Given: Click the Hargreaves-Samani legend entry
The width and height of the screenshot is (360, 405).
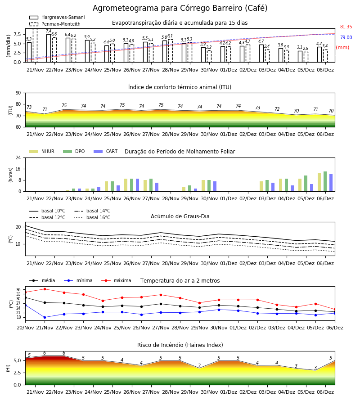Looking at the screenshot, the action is click(x=57, y=17).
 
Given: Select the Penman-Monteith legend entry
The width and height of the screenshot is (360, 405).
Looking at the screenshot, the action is click(x=55, y=24).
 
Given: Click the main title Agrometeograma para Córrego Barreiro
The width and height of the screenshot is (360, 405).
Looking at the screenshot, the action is click(x=180, y=8).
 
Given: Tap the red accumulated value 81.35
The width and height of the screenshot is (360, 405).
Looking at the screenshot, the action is click(x=346, y=27).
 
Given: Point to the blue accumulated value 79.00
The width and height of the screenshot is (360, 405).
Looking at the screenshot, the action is click(x=346, y=37).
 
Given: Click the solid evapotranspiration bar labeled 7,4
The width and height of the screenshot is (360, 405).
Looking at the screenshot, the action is click(x=49, y=48).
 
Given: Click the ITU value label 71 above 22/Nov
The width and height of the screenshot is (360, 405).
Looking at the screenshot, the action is click(x=45, y=109).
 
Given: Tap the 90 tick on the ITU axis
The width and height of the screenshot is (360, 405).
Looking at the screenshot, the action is click(x=18, y=93).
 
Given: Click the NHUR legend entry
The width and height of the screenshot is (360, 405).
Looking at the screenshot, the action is click(x=42, y=151).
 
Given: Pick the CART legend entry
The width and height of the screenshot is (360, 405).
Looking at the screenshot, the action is click(x=106, y=151).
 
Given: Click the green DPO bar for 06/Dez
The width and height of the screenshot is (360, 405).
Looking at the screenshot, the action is click(x=325, y=182).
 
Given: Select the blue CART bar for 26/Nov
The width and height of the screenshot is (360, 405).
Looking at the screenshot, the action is click(x=137, y=185).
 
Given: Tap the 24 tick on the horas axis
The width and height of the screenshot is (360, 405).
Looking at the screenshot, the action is click(x=18, y=157).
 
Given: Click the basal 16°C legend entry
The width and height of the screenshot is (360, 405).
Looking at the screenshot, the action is click(x=92, y=217).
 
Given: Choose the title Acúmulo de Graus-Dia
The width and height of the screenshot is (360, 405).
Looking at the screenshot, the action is click(x=180, y=216).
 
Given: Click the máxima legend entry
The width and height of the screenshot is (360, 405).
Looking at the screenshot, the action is click(x=117, y=280).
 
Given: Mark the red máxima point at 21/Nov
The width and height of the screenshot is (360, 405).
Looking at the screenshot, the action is click(x=45, y=289).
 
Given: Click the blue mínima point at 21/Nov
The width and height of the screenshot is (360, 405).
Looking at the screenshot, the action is click(x=45, y=317).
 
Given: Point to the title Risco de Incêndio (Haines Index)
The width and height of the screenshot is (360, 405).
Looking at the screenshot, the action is click(x=180, y=345).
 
